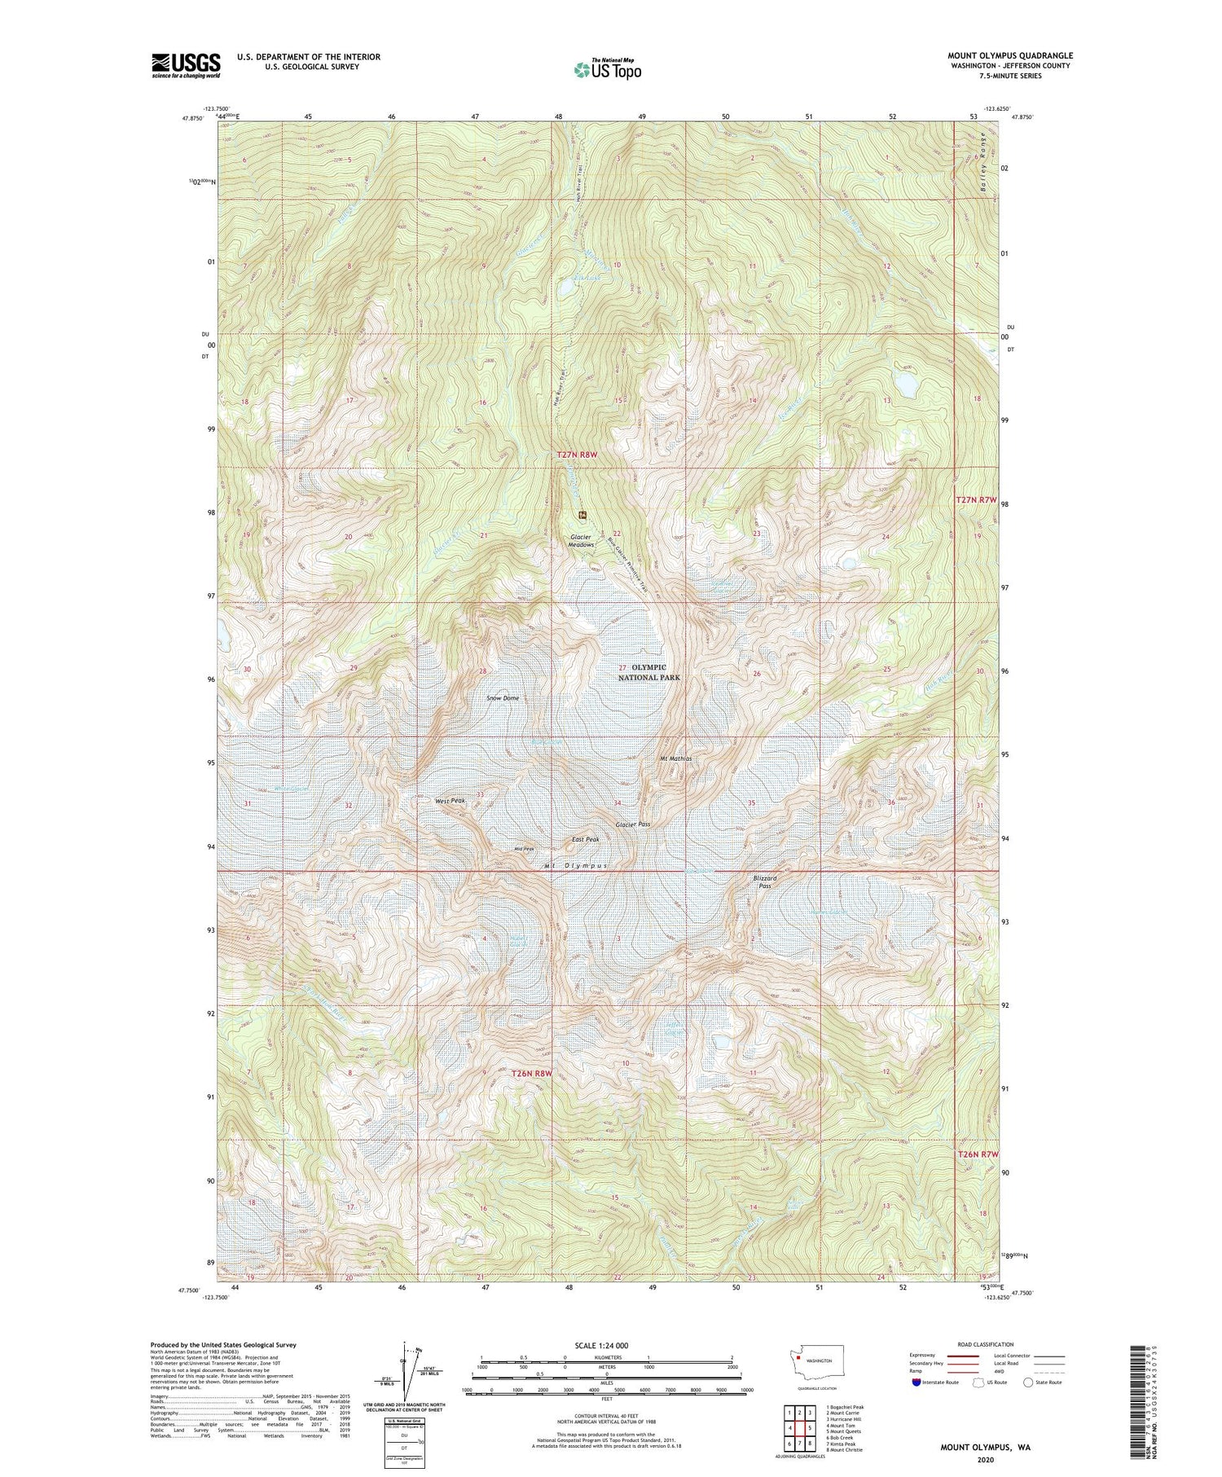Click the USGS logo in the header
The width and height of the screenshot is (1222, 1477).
coord(186,65)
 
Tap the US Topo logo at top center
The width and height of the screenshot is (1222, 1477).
coord(607,69)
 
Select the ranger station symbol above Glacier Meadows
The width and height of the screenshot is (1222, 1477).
coord(582,514)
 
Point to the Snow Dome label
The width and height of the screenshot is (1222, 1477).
coord(503,698)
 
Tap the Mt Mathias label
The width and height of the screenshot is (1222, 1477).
coord(675,758)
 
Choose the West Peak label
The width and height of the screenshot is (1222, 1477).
coord(450,802)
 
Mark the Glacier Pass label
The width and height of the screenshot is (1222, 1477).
coord(633,824)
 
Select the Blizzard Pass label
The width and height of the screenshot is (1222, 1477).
coord(766,882)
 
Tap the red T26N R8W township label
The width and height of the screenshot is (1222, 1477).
coord(532,1073)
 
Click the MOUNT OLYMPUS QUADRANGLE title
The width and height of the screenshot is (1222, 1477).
coord(1009,55)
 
